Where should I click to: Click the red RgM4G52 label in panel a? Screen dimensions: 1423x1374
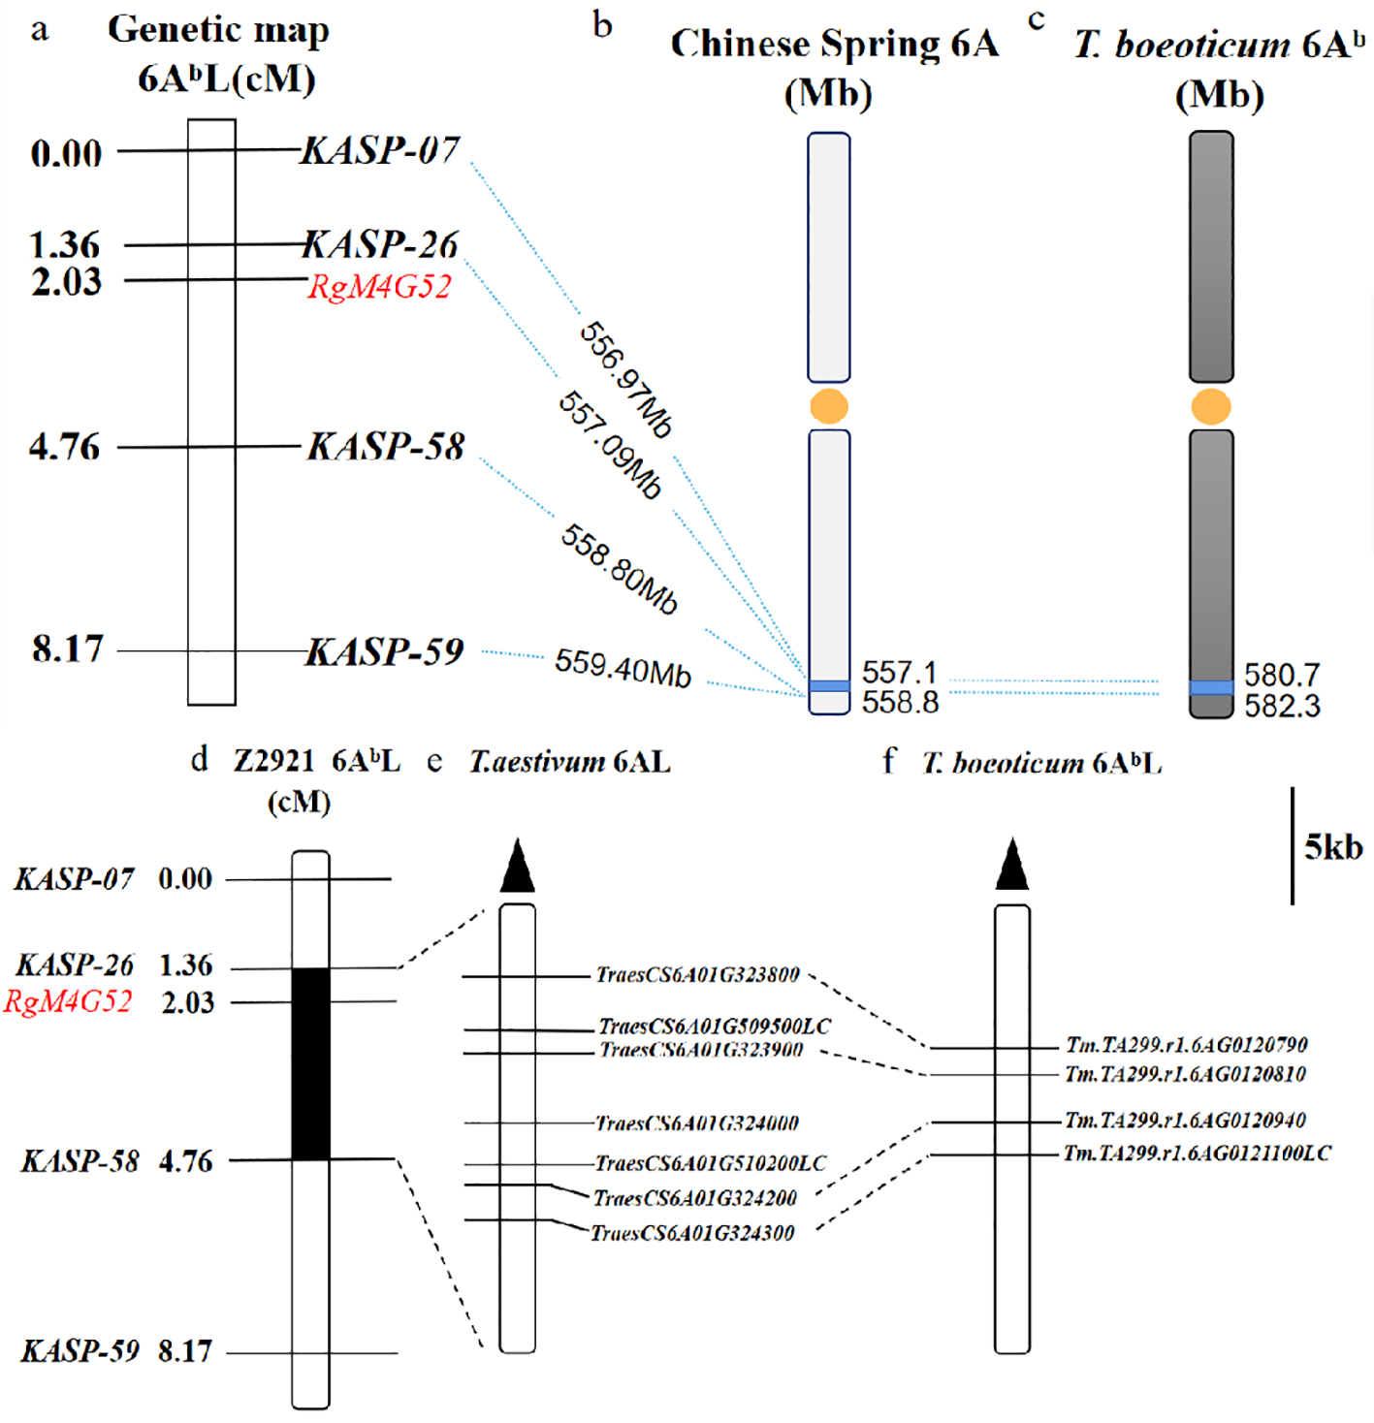click(x=379, y=287)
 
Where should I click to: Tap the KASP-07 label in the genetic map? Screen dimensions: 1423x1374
click(x=380, y=150)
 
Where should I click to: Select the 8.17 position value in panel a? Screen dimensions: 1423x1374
click(x=67, y=648)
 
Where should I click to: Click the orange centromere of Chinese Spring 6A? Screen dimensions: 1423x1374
click(x=828, y=406)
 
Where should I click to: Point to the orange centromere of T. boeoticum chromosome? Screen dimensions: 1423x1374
click(x=1211, y=407)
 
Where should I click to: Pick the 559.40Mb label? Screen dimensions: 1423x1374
click(x=623, y=667)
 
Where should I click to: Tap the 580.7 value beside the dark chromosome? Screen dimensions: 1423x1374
click(x=1282, y=675)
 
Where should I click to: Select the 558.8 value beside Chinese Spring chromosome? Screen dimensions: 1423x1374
click(x=900, y=702)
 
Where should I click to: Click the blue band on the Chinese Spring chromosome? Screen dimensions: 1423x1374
click(x=829, y=686)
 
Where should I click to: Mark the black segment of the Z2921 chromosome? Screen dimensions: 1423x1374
click(x=311, y=1063)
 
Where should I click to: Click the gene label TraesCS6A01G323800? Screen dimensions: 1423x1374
click(x=698, y=975)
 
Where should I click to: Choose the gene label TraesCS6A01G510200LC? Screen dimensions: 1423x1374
click(x=711, y=1163)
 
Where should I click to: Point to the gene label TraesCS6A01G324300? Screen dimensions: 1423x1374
click(x=692, y=1233)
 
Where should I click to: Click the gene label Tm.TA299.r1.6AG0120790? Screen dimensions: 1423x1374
click(x=1187, y=1045)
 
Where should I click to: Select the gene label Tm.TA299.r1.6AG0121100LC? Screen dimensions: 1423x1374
click(x=1198, y=1154)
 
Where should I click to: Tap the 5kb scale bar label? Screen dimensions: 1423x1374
click(x=1332, y=847)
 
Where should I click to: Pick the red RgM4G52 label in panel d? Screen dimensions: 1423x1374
click(x=68, y=1001)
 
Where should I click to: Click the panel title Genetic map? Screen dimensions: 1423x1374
click(x=218, y=30)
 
